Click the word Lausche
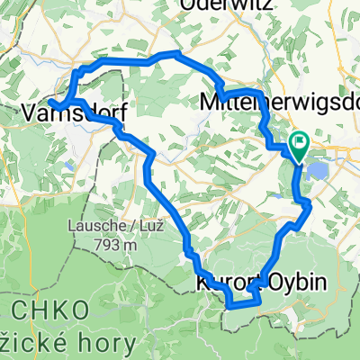[95, 226]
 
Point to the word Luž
[139, 226]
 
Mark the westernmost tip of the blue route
[50, 103]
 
